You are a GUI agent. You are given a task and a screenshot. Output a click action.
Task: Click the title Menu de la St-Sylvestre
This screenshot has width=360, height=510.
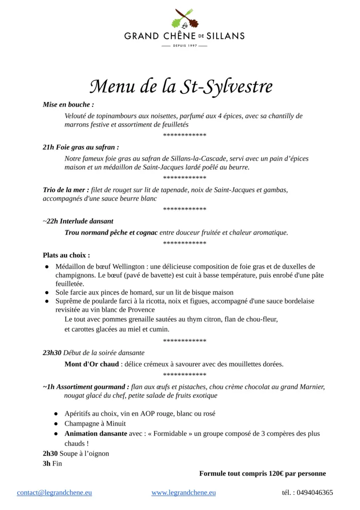pyautogui.click(x=181, y=86)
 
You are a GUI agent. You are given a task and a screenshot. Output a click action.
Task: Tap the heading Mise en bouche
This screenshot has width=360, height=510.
pyautogui.click(x=68, y=104)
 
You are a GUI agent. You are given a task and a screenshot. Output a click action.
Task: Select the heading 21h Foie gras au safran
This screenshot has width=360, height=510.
pyautogui.click(x=81, y=147)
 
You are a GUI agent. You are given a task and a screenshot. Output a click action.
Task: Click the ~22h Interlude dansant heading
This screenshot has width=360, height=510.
pyautogui.click(x=78, y=221)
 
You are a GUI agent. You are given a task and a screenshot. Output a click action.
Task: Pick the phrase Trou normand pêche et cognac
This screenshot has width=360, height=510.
pyautogui.click(x=111, y=232)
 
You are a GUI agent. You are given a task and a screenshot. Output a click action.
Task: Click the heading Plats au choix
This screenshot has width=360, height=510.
pyautogui.click(x=66, y=255)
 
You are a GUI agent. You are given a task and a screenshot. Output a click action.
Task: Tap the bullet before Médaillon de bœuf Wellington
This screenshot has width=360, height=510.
pyautogui.click(x=47, y=267)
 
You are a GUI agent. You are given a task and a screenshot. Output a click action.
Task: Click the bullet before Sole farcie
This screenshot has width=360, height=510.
pyautogui.click(x=47, y=293)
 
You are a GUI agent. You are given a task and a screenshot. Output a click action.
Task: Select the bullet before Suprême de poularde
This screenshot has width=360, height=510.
pyautogui.click(x=47, y=301)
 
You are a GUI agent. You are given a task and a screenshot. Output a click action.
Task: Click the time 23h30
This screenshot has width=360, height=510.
pyautogui.click(x=52, y=352)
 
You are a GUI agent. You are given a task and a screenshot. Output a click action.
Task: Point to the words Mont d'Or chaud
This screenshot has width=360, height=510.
pyautogui.click(x=92, y=364)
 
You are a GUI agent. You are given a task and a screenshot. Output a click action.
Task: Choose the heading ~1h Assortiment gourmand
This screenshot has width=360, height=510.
pyautogui.click(x=86, y=387)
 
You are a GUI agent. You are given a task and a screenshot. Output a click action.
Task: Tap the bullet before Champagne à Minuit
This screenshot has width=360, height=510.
pyautogui.click(x=56, y=424)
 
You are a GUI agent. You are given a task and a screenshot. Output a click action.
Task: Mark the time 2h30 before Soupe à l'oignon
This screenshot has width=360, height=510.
pyautogui.click(x=50, y=453)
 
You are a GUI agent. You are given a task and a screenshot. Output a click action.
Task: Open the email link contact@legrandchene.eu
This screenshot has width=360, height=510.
pyautogui.click(x=54, y=493)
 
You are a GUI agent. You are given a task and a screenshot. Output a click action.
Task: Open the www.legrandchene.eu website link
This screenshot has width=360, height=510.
pyautogui.click(x=184, y=493)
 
